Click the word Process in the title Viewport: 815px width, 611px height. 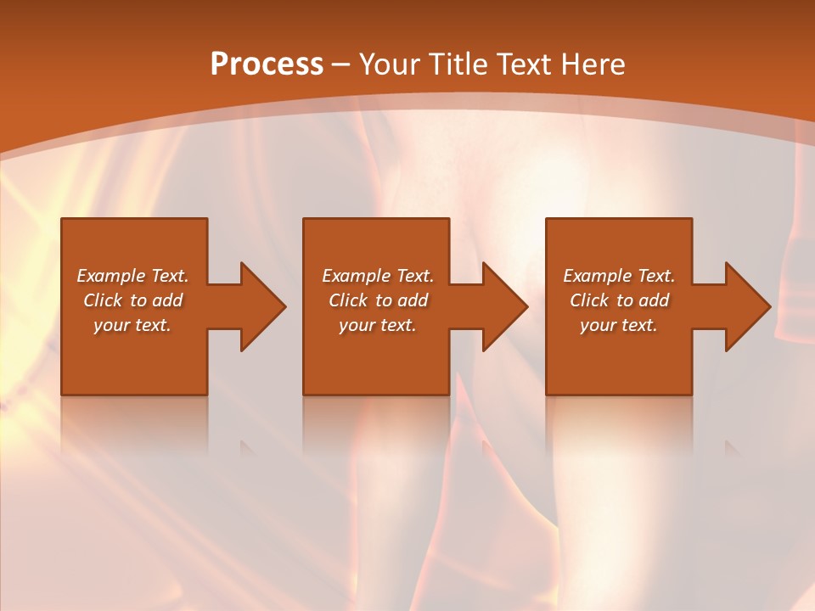coord(267,64)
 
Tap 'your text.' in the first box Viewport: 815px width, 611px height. coord(132,325)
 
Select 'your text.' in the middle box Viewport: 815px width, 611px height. coord(377,325)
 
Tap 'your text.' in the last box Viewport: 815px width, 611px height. coord(618,325)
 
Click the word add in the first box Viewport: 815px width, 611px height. coord(168,300)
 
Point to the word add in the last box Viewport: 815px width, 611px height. coord(655,300)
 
